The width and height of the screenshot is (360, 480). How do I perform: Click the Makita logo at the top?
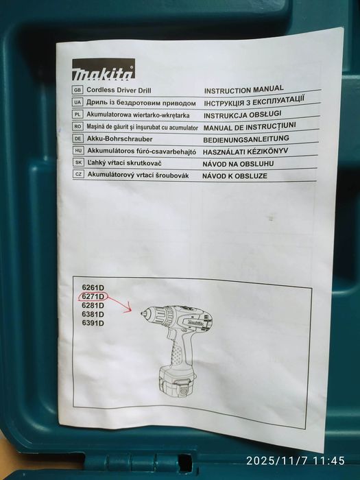click(x=103, y=69)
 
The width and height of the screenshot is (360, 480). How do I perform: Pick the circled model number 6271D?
click(x=93, y=296)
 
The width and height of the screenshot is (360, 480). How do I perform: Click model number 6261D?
click(x=93, y=287)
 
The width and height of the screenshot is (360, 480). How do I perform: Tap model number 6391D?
click(x=93, y=323)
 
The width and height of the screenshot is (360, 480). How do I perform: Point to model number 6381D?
click(x=93, y=314)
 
